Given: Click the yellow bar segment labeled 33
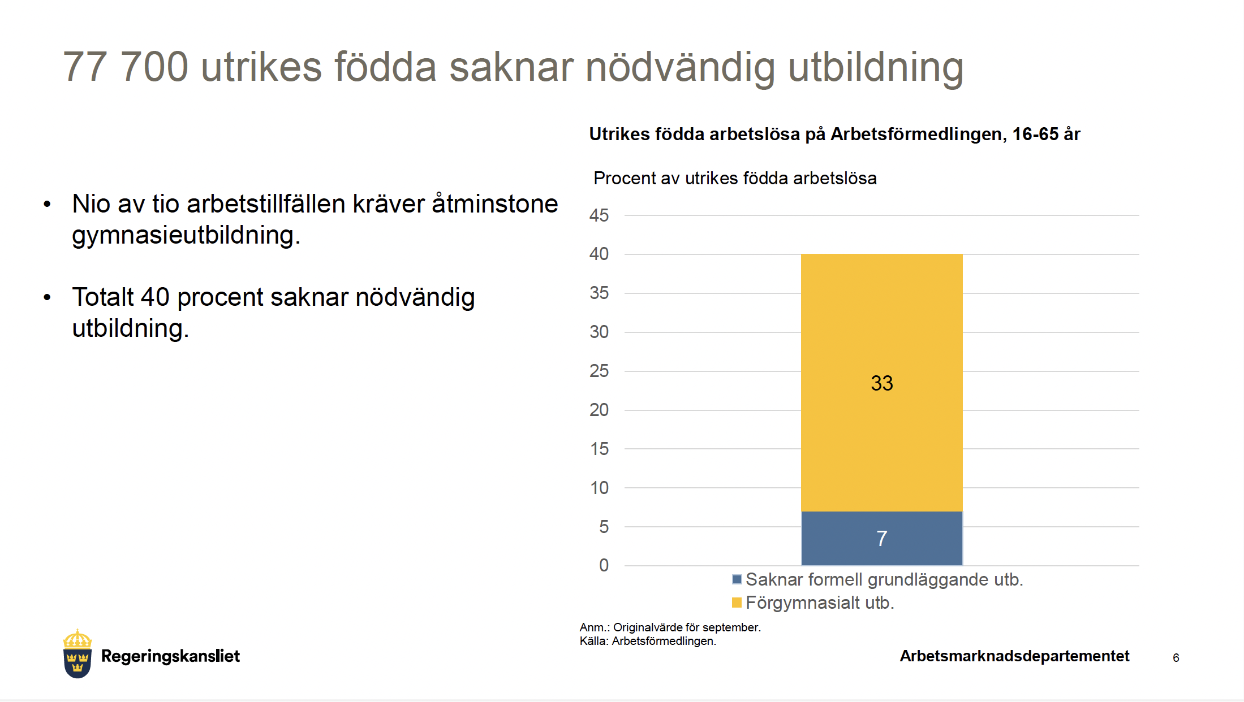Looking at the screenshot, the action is point(881,383).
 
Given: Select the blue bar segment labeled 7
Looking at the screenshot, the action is point(881,538).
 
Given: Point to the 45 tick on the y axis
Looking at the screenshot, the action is point(599,215).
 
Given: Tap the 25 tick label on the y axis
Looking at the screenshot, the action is point(599,371).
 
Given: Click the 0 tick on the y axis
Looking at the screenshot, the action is point(604,565).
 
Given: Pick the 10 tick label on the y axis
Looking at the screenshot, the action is point(599,488).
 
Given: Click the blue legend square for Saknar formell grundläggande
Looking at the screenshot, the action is point(737,579).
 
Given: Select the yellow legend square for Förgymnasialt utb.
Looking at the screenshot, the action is point(737,603).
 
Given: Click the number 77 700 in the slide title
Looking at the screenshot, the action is point(125,67).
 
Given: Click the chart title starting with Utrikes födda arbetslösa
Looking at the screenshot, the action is point(834,135).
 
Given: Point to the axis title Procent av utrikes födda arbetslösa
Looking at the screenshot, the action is point(735,178).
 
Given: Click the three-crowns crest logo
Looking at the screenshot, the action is point(78,653).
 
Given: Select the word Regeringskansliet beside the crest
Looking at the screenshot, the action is point(170,656).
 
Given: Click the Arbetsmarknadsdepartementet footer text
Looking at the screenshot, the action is point(1014,656).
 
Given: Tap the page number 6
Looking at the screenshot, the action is point(1176,657).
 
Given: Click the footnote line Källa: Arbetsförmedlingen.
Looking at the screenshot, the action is point(648,641).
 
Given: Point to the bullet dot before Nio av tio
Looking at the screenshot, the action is point(47,204).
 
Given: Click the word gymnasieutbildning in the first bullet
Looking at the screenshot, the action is point(186,235).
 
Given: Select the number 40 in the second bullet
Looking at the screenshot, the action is point(155,297).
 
